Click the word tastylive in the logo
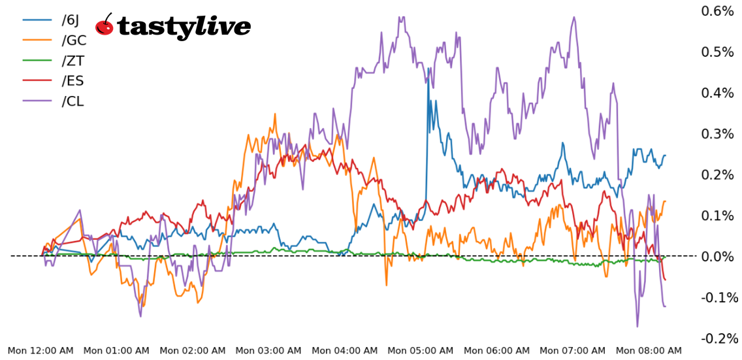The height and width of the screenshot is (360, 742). [184, 27]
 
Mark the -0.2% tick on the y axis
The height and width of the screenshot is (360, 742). [718, 338]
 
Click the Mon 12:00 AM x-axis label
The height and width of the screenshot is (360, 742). [40, 351]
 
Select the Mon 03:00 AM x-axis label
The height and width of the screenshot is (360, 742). [268, 351]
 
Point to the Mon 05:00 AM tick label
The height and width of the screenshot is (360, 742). [421, 351]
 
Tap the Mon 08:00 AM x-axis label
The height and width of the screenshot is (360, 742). [649, 351]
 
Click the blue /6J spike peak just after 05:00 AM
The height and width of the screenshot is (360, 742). [428, 68]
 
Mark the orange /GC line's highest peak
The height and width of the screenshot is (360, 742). [276, 114]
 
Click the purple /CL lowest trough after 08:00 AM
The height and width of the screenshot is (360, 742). [637, 326]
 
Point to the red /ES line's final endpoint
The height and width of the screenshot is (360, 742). [665, 280]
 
